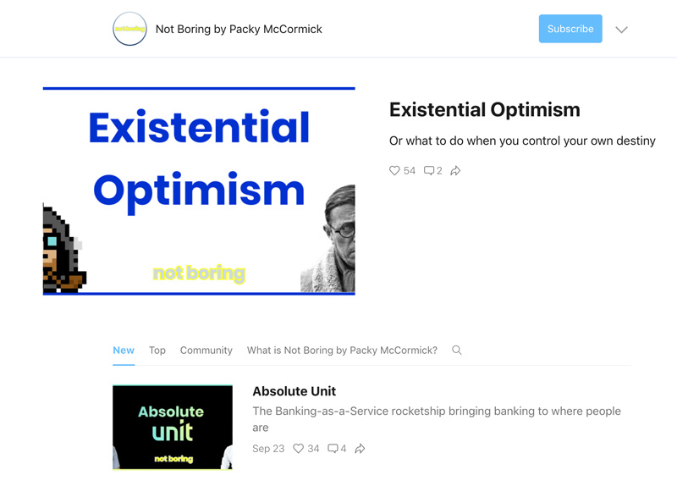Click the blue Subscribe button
coord(570,29)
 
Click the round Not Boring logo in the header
coord(129,29)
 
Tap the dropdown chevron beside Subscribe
coord(621,30)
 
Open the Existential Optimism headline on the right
coord(484,110)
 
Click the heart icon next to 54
coord(394,171)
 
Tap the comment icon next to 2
coord(429,171)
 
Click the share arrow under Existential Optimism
coord(455,171)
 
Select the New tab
coord(124,350)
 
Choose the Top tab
coord(157,350)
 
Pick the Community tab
coord(206,350)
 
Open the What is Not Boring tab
coord(342,350)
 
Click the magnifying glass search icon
coord(457,350)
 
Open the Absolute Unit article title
coord(294,391)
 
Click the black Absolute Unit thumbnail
coord(173,427)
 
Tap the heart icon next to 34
coord(299,449)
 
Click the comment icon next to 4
coord(333,449)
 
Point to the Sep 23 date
coord(268,449)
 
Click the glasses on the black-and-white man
coord(344,229)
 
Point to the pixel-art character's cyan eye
coord(52,240)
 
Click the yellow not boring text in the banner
coord(199,273)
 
